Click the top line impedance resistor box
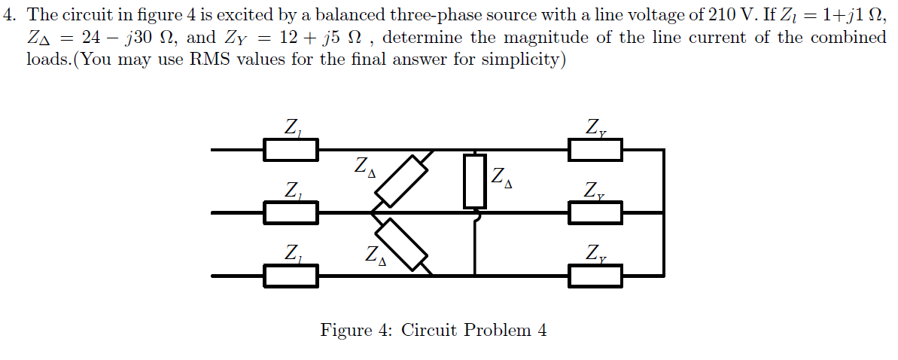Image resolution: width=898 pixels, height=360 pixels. click(291, 150)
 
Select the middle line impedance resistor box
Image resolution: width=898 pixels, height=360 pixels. click(291, 213)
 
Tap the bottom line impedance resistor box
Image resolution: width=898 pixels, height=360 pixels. click(291, 276)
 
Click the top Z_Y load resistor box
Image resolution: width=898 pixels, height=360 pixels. click(595, 150)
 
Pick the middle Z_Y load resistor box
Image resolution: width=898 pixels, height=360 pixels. click(595, 213)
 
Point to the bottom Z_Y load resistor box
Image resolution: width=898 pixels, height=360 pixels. click(595, 276)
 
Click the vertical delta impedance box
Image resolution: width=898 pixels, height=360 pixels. click(474, 181)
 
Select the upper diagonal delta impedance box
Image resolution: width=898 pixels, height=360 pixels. click(401, 181)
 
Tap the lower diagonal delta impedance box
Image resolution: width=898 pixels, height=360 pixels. click(401, 244)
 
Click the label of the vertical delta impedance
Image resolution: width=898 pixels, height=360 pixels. click(503, 178)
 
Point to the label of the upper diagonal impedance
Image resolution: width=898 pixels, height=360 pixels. click(364, 167)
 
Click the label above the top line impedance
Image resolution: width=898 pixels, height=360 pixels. click(292, 129)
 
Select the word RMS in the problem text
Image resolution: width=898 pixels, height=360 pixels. click(207, 59)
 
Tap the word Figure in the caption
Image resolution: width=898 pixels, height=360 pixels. click(346, 331)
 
